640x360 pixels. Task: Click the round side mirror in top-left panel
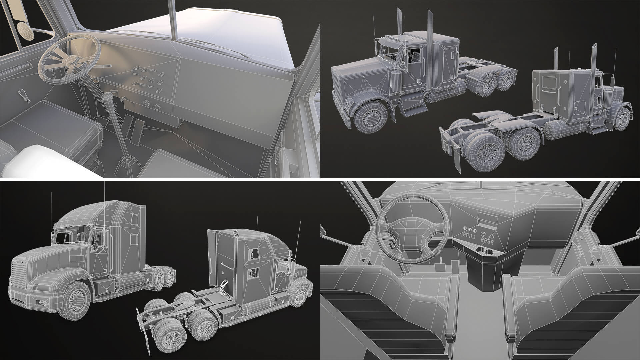pos(26,31)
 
